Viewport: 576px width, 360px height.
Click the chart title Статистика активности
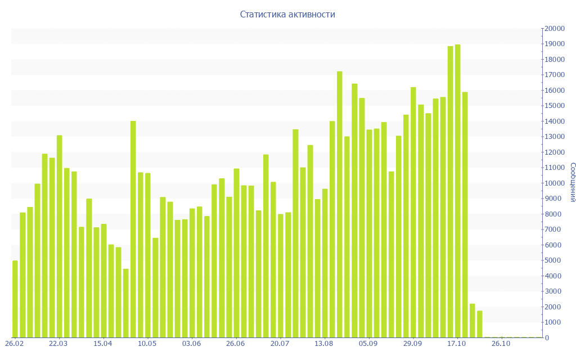(287, 15)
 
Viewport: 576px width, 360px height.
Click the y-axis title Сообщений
(572, 182)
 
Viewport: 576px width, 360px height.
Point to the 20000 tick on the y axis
(554, 29)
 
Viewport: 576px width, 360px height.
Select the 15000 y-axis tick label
(554, 106)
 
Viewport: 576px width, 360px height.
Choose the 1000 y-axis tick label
(556, 322)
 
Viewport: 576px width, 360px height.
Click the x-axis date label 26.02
(14, 343)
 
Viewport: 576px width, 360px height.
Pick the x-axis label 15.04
(103, 343)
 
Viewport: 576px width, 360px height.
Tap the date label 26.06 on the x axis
(236, 343)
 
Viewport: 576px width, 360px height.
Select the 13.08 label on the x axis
(324, 343)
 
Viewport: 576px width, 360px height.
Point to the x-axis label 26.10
(501, 343)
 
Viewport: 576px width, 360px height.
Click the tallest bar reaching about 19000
(458, 191)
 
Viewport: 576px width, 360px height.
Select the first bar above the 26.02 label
(15, 299)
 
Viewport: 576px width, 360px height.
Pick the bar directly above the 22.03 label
(59, 236)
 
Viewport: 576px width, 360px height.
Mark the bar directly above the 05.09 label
(369, 233)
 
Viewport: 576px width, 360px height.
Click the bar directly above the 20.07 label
(281, 276)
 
